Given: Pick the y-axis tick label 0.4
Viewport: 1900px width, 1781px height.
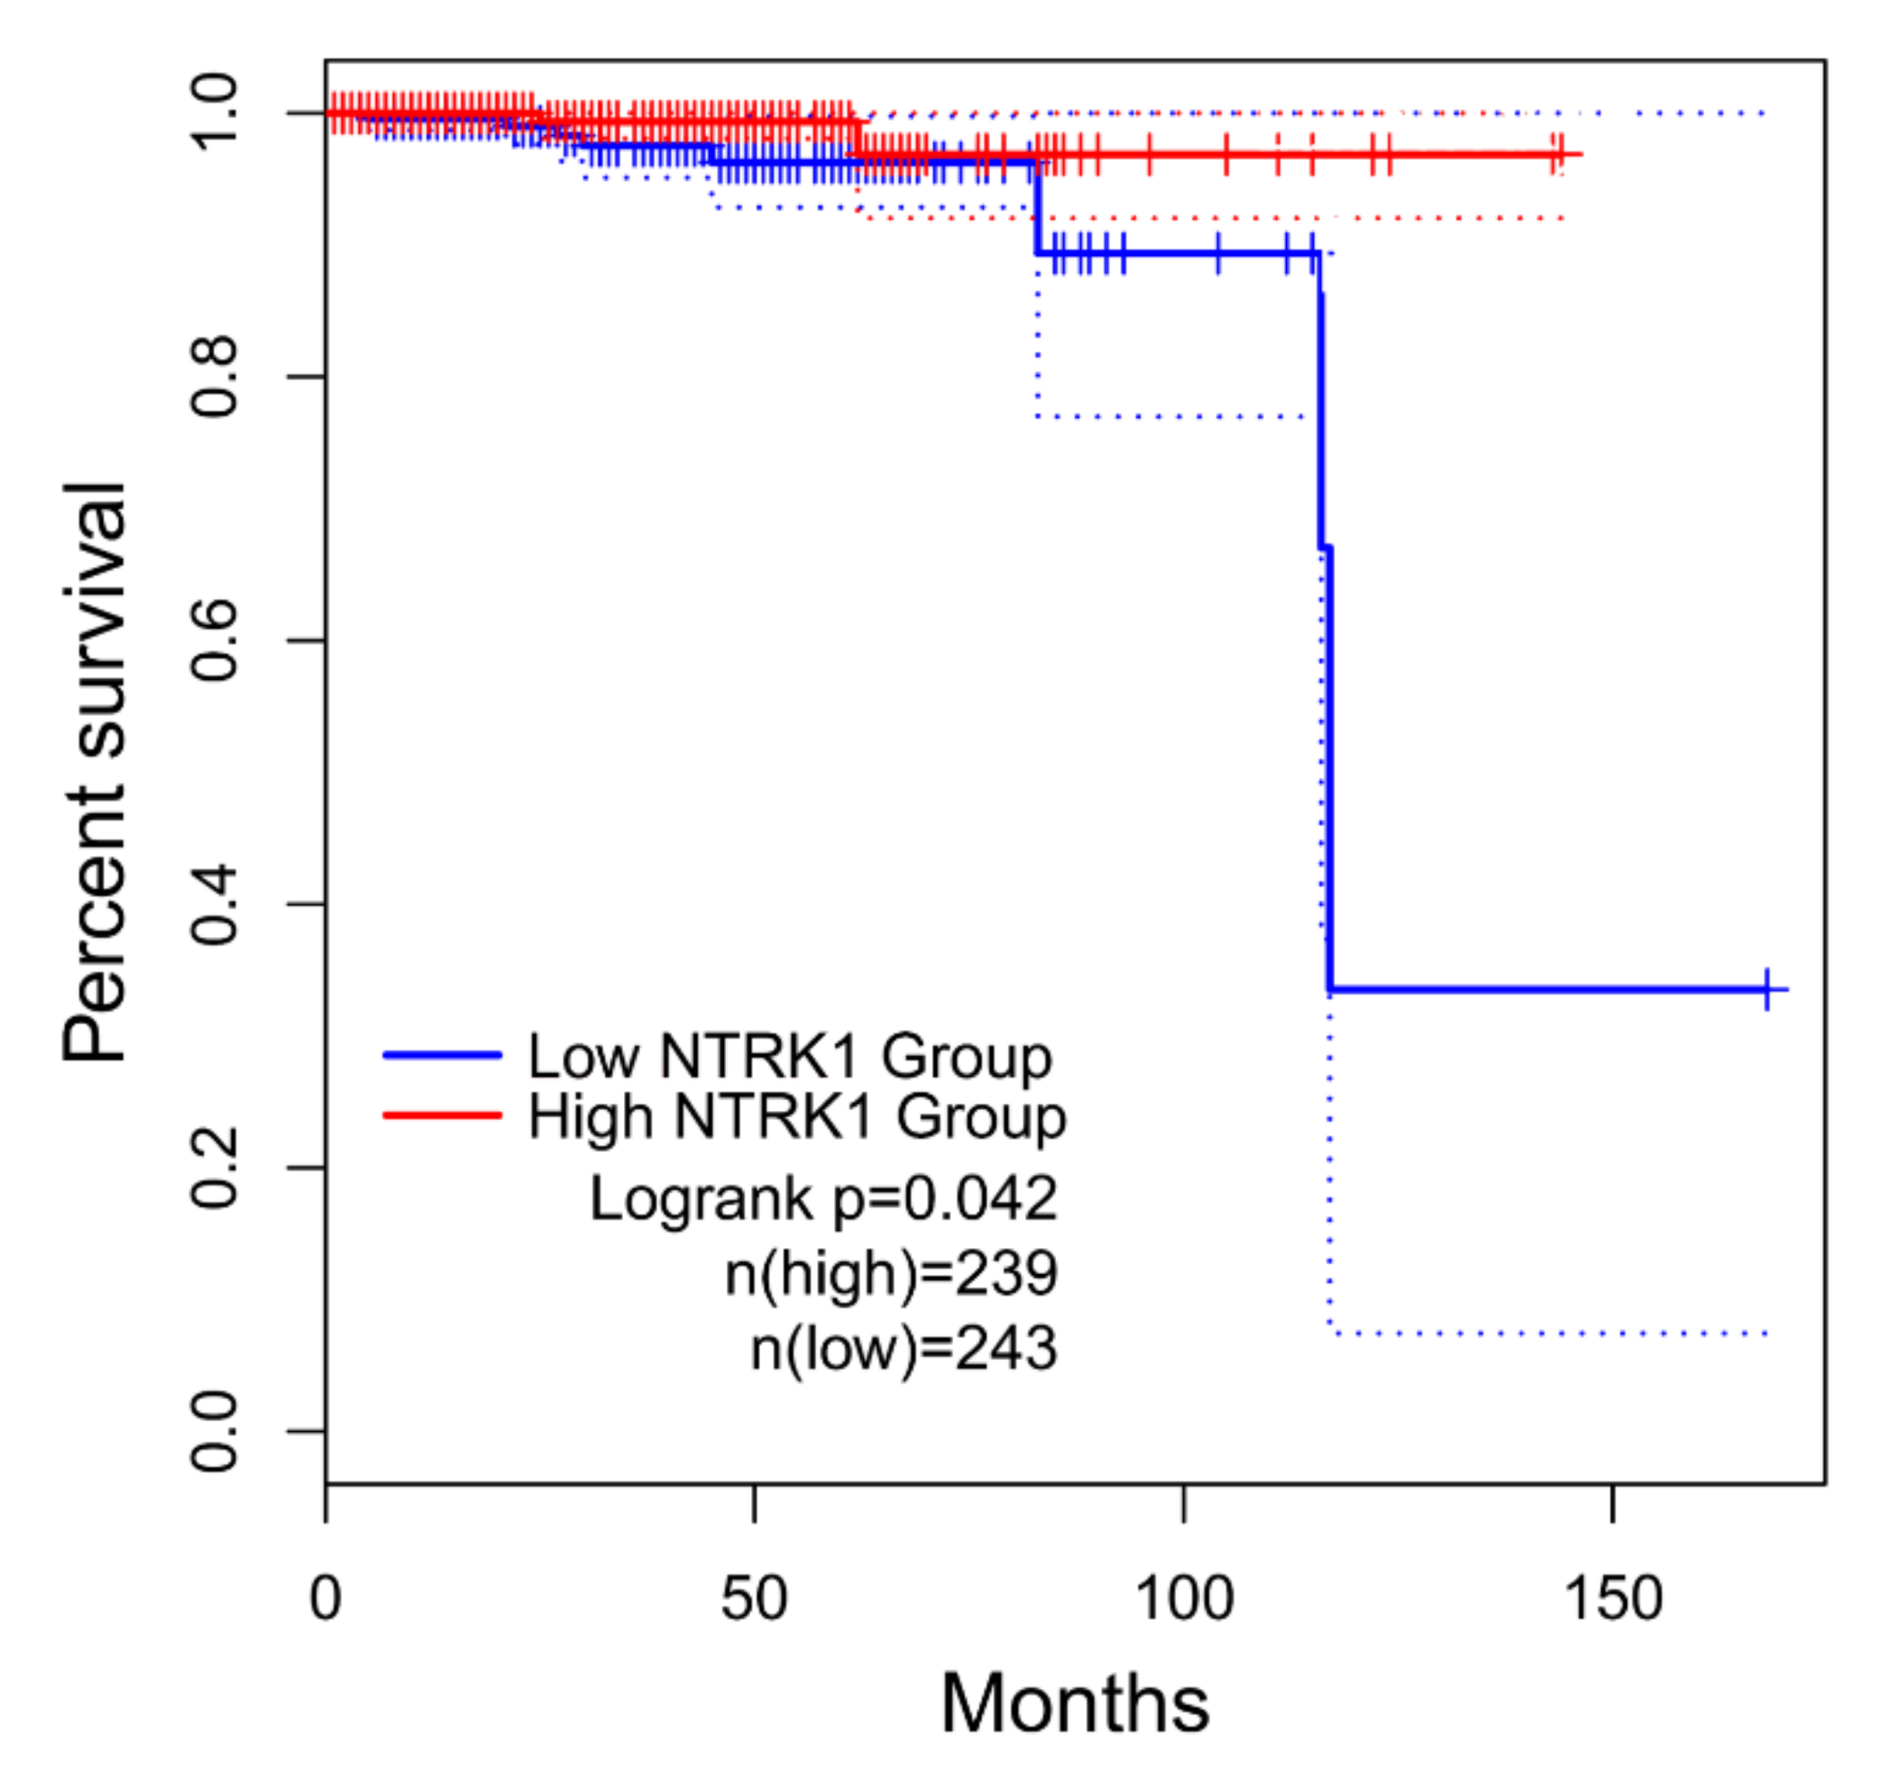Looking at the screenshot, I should [214, 904].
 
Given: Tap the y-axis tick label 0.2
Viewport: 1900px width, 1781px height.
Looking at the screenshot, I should [214, 1167].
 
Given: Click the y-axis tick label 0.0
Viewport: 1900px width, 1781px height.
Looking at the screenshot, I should [214, 1431].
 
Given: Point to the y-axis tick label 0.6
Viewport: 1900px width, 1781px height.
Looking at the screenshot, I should [214, 639].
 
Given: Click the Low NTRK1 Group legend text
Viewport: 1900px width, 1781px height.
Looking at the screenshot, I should [789, 1056].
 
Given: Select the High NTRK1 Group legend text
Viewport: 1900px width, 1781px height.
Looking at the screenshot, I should [797, 1115].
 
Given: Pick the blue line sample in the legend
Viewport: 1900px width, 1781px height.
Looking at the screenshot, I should [442, 1055].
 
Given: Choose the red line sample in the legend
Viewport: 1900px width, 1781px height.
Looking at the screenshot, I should [442, 1115].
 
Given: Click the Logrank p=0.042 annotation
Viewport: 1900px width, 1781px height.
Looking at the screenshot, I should [823, 1198].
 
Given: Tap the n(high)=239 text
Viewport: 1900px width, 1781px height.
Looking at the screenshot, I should [891, 1272].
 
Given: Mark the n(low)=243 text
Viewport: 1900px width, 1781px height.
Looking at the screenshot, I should [904, 1347].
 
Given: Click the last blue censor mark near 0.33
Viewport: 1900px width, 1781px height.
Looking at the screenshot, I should [1767, 988].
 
